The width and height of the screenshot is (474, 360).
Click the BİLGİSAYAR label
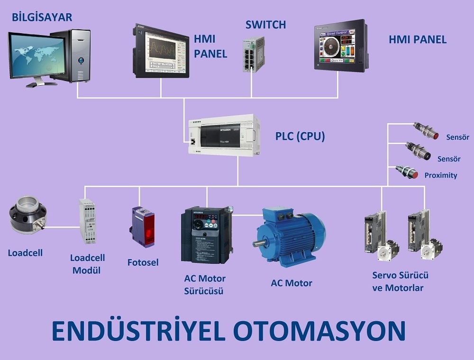42,18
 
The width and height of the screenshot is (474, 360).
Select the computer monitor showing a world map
37,56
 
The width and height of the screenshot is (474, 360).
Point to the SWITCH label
265,25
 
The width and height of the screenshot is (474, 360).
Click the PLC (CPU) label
300,136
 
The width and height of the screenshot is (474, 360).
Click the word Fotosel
143,262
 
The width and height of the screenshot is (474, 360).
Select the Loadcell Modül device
87,221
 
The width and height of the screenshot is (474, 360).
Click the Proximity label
441,175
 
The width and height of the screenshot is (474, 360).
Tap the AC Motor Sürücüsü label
205,284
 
